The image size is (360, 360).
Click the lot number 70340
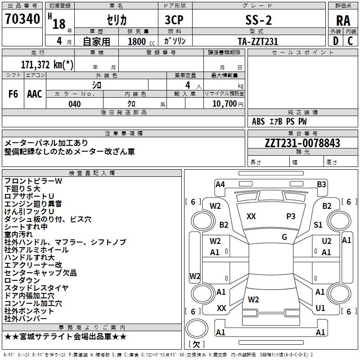pyautogui.click(x=22, y=19)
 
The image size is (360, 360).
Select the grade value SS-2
pyautogui.click(x=258, y=20)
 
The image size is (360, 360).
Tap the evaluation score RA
pyautogui.click(x=343, y=21)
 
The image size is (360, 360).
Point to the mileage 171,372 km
pyautogui.click(x=47, y=65)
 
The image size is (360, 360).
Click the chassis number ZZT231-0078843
pyautogui.click(x=302, y=143)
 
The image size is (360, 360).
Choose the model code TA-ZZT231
pyautogui.click(x=258, y=41)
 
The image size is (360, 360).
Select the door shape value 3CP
pyautogui.click(x=174, y=20)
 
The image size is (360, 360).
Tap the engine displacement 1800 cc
pyautogui.click(x=141, y=41)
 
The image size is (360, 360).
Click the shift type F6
pyautogui.click(x=13, y=94)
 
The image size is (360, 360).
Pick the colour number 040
pyautogui.click(x=75, y=104)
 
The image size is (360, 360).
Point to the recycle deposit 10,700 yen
pyautogui.click(x=228, y=104)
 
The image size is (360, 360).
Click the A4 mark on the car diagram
pyautogui.click(x=220, y=184)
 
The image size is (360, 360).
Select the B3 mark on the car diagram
pyautogui.click(x=321, y=184)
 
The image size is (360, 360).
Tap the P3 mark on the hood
pyautogui.click(x=291, y=216)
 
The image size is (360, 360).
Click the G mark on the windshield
pyautogui.click(x=284, y=237)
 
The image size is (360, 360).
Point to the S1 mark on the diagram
pyautogui.click(x=318, y=225)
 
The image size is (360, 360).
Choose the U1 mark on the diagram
pyautogui.click(x=320, y=308)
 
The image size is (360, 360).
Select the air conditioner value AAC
pyautogui.click(x=35, y=94)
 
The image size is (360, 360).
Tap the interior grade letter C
pyautogui.click(x=350, y=41)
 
